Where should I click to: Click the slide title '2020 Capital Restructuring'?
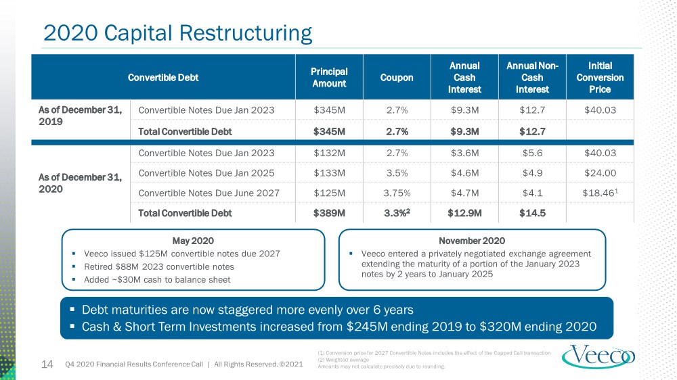pyautogui.click(x=177, y=33)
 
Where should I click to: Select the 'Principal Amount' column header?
pyautogui.click(x=329, y=78)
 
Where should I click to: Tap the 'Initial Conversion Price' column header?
pyautogui.click(x=600, y=78)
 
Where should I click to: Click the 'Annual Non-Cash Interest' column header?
pyautogui.click(x=532, y=78)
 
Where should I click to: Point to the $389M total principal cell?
pyautogui.click(x=329, y=213)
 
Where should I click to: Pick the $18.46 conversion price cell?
pyautogui.click(x=600, y=193)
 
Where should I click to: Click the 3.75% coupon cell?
pyautogui.click(x=397, y=193)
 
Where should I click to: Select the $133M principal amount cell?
pyautogui.click(x=329, y=173)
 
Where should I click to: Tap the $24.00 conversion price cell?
pyautogui.click(x=600, y=173)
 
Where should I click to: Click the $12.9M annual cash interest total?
pyautogui.click(x=464, y=213)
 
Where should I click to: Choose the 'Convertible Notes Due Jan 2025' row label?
pyautogui.click(x=206, y=173)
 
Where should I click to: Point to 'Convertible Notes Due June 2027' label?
pyautogui.click(x=209, y=193)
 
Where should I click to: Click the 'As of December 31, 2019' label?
pyautogui.click(x=81, y=116)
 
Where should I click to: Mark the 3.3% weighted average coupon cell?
pyautogui.click(x=397, y=212)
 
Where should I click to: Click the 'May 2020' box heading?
pyautogui.click(x=193, y=241)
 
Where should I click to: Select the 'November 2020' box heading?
pyautogui.click(x=472, y=241)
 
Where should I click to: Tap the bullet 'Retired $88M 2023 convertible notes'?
pyautogui.click(x=159, y=266)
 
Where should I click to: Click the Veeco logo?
pyautogui.click(x=598, y=356)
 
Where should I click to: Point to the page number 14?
pyautogui.click(x=47, y=364)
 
